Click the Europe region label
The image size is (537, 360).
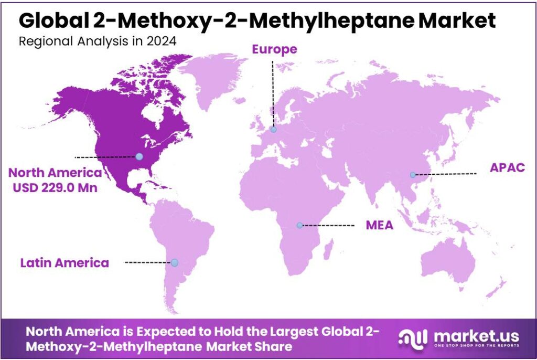[274, 49]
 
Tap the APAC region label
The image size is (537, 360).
[507, 168]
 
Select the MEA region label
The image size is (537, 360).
[379, 226]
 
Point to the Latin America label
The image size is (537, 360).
[65, 262]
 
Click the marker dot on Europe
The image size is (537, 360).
[273, 130]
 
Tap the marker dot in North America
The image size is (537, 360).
[139, 156]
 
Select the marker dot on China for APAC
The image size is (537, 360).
[413, 175]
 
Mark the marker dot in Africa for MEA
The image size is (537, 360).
[299, 225]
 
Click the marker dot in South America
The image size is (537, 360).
[175, 262]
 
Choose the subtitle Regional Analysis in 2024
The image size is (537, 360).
[97, 41]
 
